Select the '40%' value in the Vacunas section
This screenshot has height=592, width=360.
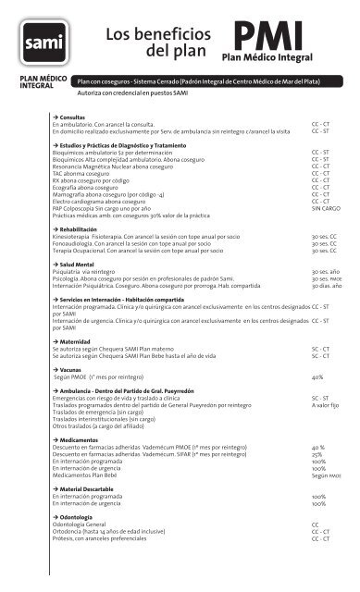317,377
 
